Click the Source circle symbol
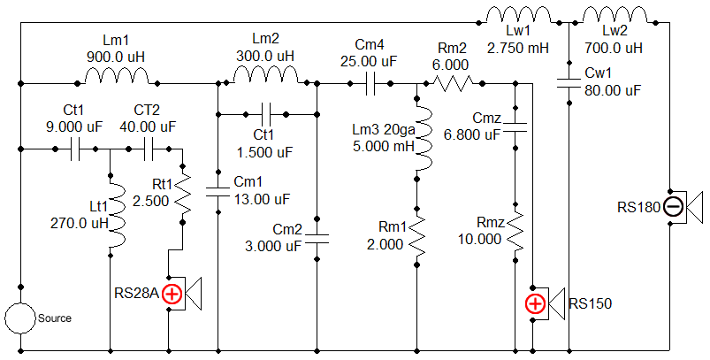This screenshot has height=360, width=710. pos(20,318)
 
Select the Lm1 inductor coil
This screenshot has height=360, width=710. pos(118,77)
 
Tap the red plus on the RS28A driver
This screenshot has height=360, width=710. pos(172,295)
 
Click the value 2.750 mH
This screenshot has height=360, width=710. pos(518,48)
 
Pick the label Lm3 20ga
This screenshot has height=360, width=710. pos(384,130)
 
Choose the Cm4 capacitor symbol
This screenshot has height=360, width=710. pos(370,84)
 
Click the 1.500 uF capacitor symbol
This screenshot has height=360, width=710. pos(266,115)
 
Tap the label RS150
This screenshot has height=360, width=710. pos(590,303)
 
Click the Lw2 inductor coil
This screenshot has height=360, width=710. pos(615,15)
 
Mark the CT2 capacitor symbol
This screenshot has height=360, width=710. pos(149,149)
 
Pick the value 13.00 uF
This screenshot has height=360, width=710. pos(263,199)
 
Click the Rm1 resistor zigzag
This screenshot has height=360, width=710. pos(417,238)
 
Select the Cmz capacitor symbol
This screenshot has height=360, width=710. pos(515,127)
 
